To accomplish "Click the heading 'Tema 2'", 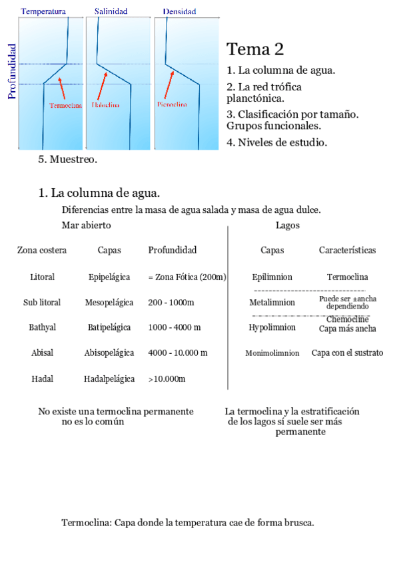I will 255,49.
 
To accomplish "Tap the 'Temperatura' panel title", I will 43,11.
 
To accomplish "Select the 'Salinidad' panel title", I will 111,11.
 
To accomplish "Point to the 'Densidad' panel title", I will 179,11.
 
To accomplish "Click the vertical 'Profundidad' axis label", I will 11,71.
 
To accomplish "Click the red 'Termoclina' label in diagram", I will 65,105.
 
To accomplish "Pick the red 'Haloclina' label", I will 106,104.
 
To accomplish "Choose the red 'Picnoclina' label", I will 172,104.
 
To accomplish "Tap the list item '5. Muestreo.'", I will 68,160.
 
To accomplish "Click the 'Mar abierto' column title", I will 86,225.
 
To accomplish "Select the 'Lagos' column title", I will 287,225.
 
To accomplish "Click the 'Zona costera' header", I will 42,251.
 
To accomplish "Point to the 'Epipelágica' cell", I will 109,277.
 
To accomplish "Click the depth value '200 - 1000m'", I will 171,303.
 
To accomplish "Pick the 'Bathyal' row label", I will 42,328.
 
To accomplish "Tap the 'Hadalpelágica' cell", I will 109,379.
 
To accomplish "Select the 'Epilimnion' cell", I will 272,277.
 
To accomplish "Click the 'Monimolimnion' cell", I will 272,353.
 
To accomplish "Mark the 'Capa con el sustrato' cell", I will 347,353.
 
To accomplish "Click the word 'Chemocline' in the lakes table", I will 348,319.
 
